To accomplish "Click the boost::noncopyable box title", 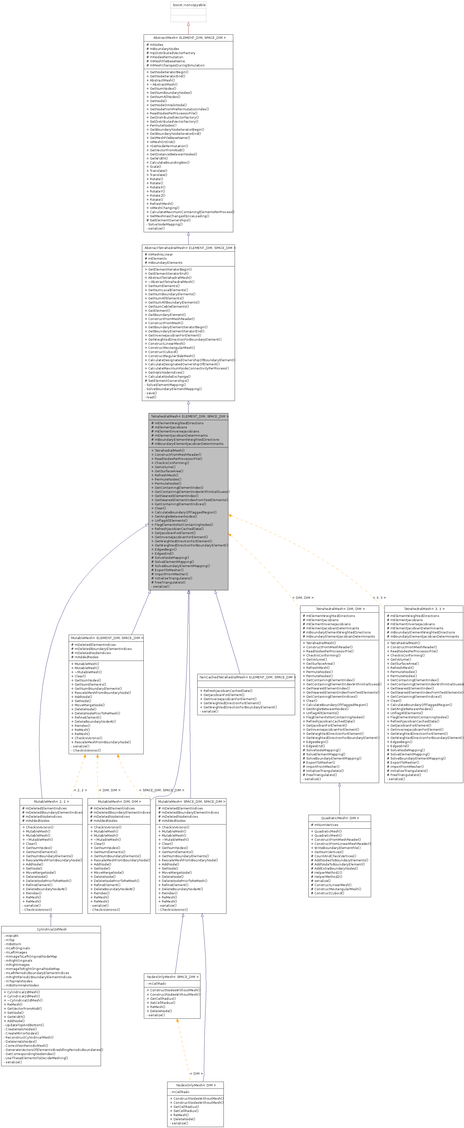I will (x=188, y=5).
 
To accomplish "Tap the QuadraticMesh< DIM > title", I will (x=340, y=818).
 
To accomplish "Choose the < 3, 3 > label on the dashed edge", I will (x=379, y=598).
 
